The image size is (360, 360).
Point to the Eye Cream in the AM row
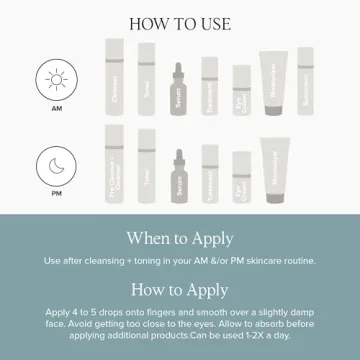241,91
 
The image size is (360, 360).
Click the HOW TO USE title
180,21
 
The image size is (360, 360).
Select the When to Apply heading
180,238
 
